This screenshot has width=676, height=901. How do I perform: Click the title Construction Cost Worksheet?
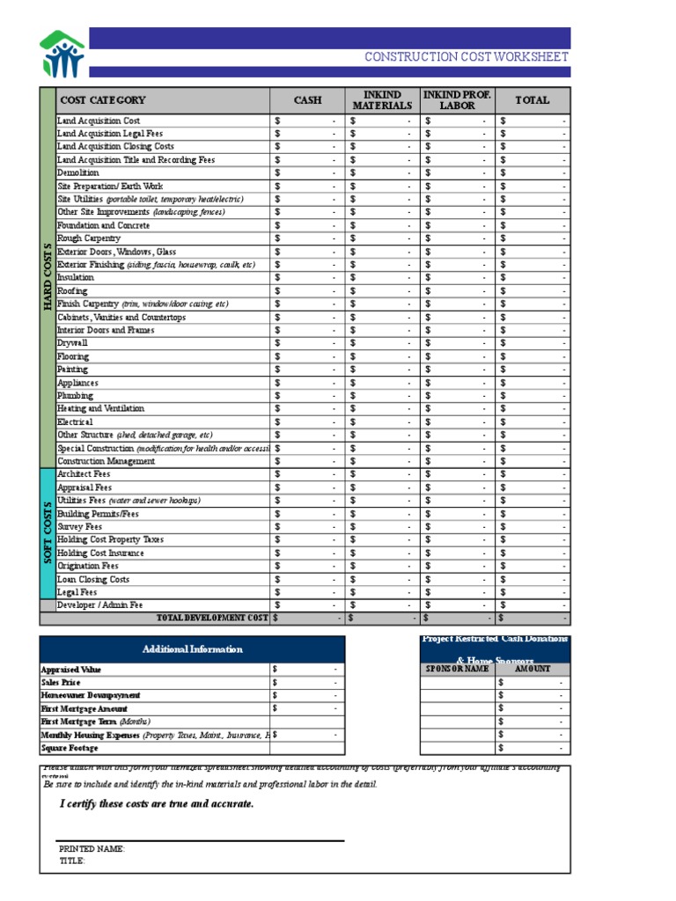[x=467, y=57]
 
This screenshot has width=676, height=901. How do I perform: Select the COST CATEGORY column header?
[x=102, y=100]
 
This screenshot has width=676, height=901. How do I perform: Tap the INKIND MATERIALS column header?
[x=382, y=100]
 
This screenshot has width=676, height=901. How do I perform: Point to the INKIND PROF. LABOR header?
[x=457, y=100]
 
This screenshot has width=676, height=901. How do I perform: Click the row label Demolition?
[x=78, y=173]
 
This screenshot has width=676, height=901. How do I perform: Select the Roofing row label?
[x=72, y=290]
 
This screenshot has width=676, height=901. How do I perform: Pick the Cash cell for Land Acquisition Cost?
[x=307, y=121]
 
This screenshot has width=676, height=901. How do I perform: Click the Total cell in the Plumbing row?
[x=533, y=396]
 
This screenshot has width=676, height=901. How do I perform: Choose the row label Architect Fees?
[x=84, y=474]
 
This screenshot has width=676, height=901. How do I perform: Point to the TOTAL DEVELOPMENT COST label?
[x=211, y=619]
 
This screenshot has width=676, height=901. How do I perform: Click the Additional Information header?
[x=192, y=649]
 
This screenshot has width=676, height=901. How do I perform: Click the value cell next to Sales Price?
[x=307, y=683]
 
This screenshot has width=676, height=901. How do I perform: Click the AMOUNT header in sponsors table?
[x=532, y=670]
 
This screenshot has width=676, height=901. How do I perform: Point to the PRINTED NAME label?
[x=92, y=849]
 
